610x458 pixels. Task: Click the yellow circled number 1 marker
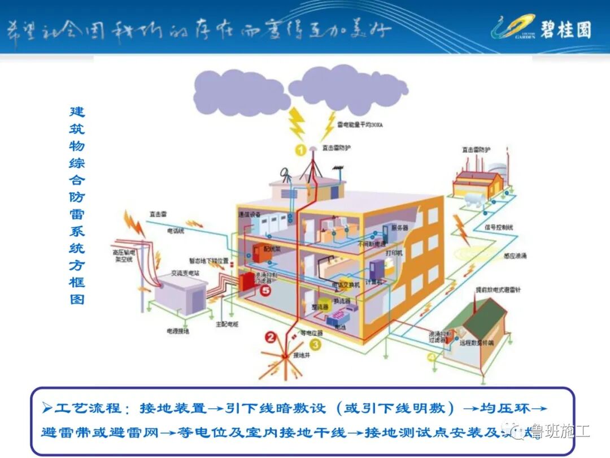tap(300, 150)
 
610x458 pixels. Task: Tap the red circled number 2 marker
tap(271, 338)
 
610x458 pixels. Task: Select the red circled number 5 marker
tap(266, 290)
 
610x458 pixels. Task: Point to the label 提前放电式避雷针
tap(495, 290)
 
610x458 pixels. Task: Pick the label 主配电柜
tap(226, 325)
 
